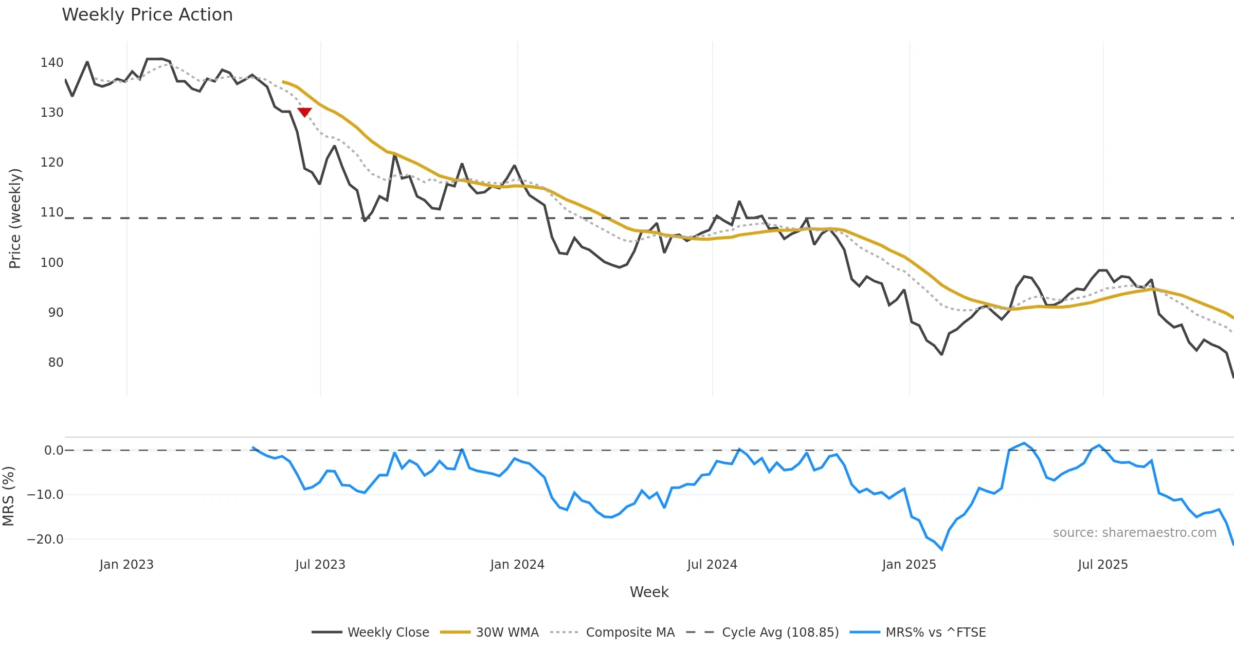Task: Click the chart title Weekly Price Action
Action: coord(147,14)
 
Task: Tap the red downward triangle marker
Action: coord(304,112)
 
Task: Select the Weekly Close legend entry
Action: coord(371,632)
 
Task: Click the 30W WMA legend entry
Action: coord(489,632)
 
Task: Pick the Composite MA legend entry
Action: coord(612,632)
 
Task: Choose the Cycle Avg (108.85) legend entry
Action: coord(763,632)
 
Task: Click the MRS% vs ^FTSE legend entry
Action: coord(918,632)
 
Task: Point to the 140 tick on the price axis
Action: coord(52,63)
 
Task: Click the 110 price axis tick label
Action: coord(52,212)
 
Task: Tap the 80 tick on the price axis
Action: coord(56,363)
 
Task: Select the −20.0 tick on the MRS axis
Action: coord(45,539)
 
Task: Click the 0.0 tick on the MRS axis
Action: coord(53,451)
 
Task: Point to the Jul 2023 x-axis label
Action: coord(320,565)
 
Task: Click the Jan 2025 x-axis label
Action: coord(909,565)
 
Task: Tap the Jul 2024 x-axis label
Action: coord(712,565)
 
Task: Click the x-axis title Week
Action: coord(649,592)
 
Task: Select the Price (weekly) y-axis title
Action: coord(15,219)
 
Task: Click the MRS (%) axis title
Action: coord(8,496)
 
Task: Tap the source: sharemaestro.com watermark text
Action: coord(1134,533)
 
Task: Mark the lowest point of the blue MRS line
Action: coord(941,550)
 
